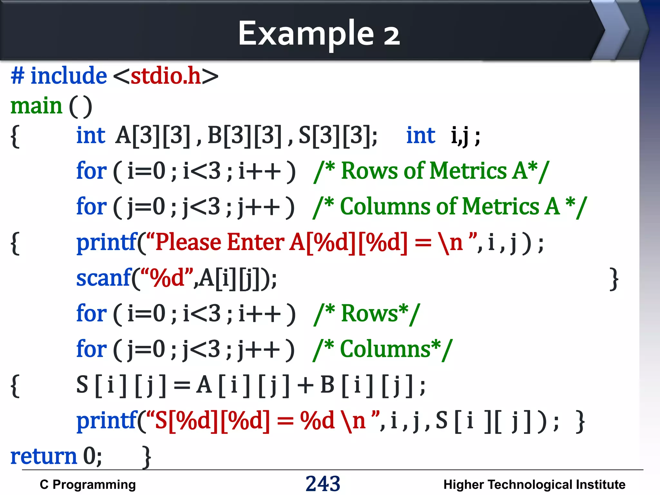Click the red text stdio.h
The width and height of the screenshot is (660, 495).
tap(166, 76)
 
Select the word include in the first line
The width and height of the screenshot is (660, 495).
tap(68, 76)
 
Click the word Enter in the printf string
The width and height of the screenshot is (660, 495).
tap(256, 242)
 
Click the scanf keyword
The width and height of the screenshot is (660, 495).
tap(103, 278)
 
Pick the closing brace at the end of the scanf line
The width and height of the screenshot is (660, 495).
tap(614, 279)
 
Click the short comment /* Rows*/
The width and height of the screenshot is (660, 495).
tap(367, 314)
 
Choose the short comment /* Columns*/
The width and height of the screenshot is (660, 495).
tap(383, 349)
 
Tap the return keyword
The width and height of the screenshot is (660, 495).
tap(44, 456)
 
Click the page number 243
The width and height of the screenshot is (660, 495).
tap(323, 483)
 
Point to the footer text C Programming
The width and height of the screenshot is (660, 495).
tap(88, 484)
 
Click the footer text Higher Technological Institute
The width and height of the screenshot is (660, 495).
tap(534, 484)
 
